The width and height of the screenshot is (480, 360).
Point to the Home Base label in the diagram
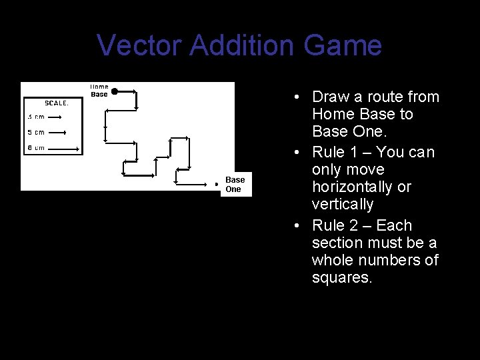(x=99, y=90)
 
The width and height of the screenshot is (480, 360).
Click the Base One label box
(x=235, y=184)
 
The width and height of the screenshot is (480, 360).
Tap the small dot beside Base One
(x=216, y=184)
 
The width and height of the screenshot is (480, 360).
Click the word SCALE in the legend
(x=56, y=103)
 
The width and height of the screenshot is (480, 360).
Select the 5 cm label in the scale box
(x=36, y=132)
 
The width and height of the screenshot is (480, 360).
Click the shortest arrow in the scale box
(x=54, y=117)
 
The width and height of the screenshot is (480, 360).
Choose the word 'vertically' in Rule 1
(x=342, y=204)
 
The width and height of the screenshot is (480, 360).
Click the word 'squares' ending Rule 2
(x=341, y=277)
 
